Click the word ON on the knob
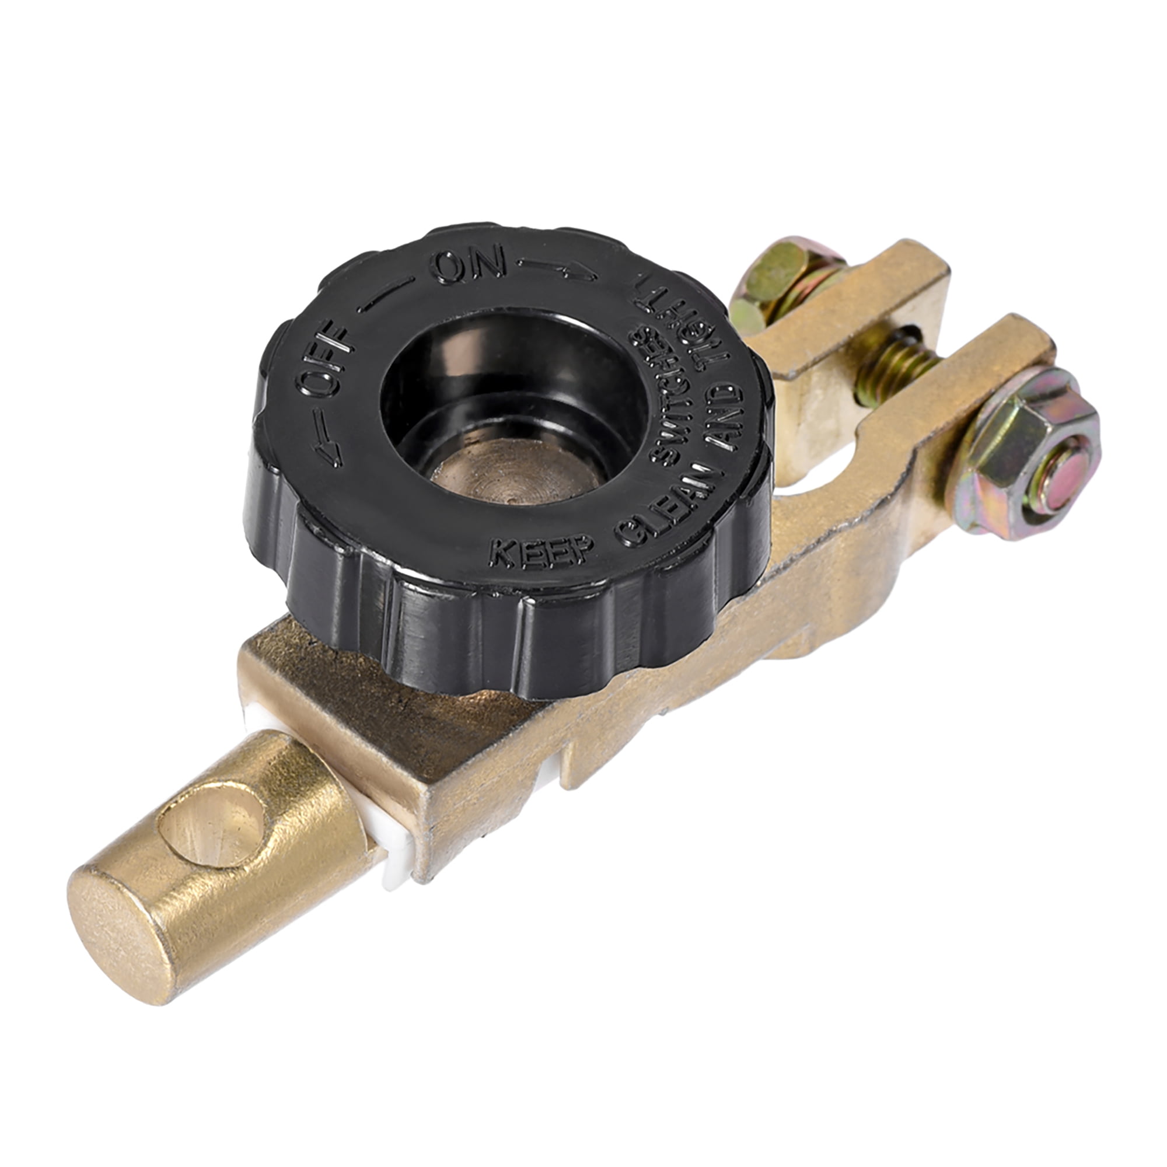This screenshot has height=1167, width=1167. pyautogui.click(x=470, y=267)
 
